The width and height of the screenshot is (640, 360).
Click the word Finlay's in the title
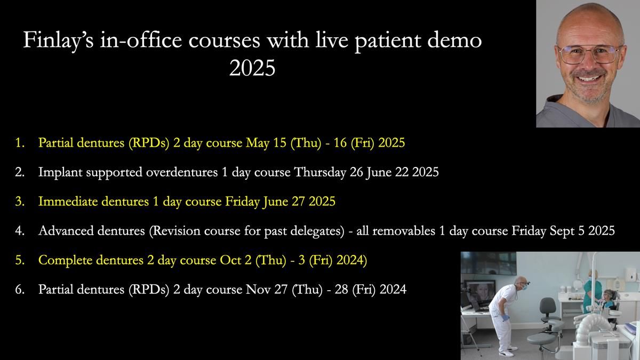58,40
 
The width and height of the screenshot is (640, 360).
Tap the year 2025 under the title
252,68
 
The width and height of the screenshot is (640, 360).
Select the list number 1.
20,142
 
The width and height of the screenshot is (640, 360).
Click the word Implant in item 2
60,172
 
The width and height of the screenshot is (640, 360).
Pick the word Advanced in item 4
66,230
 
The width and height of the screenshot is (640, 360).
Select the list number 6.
20,290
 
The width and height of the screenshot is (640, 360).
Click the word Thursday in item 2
320,172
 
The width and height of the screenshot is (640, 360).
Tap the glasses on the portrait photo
589,54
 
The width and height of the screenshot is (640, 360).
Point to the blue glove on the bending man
506,318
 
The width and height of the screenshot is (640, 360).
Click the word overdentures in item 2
182,172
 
